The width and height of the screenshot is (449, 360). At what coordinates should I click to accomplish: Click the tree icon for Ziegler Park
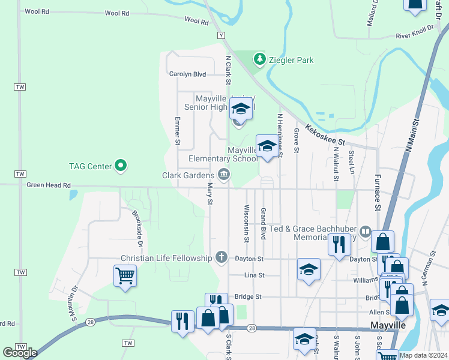259,59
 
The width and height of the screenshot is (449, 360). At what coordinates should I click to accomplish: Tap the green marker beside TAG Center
121,164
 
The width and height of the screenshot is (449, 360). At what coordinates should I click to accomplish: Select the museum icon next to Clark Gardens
223,175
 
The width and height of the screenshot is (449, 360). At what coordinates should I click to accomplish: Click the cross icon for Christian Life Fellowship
221,258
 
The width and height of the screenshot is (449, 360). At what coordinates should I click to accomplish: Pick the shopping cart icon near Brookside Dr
125,276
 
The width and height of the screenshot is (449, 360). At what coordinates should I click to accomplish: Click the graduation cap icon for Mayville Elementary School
267,146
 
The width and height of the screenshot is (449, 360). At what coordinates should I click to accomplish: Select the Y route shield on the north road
221,35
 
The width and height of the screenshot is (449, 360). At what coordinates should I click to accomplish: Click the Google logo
20,352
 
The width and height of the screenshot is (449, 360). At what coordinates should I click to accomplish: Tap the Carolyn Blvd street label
187,74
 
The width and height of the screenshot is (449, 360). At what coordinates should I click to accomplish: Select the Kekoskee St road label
325,135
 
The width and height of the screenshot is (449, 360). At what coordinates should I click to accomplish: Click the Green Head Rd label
49,185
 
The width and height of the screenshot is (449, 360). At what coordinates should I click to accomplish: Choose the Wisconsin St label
246,224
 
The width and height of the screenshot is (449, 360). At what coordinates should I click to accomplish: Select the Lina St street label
254,275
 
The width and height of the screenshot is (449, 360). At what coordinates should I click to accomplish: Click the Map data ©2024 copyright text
423,355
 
